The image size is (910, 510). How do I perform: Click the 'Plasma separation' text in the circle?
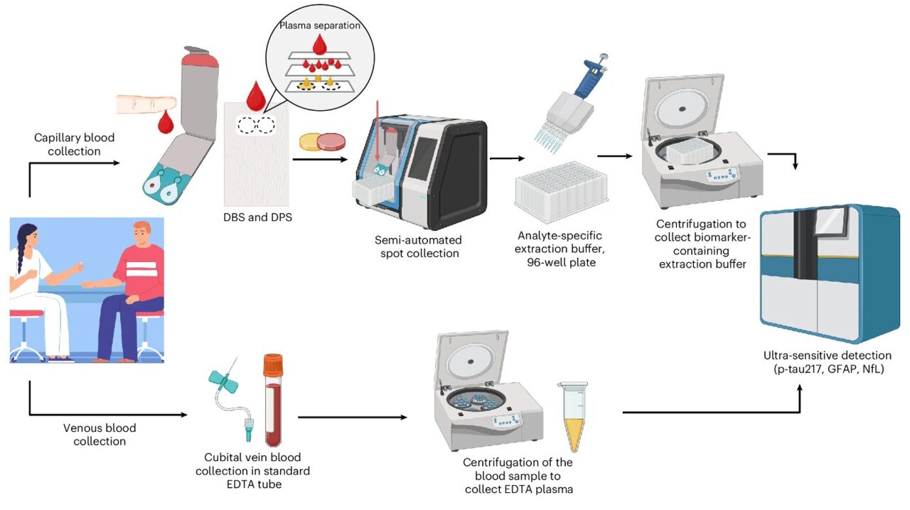[x=320, y=26]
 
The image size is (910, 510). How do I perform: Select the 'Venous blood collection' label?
[x=100, y=435]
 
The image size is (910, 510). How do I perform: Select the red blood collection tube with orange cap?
[x=273, y=401]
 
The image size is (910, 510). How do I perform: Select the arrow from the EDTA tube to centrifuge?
[x=353, y=417]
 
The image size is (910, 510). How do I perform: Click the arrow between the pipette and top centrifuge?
[x=615, y=156]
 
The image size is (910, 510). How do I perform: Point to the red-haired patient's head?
[x=141, y=234]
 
